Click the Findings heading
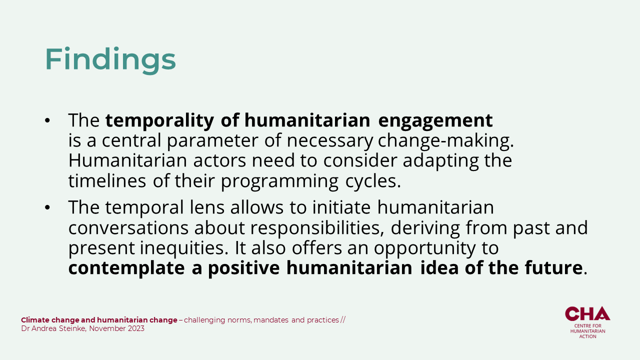(x=110, y=60)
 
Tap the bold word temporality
(x=159, y=120)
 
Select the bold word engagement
(x=435, y=121)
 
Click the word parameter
(x=212, y=141)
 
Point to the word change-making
(x=445, y=141)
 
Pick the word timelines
(x=107, y=181)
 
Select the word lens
(x=207, y=207)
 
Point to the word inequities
(x=184, y=248)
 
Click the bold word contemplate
(x=126, y=268)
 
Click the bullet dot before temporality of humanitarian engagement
(x=47, y=120)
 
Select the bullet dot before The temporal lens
(x=47, y=207)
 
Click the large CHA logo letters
(x=587, y=313)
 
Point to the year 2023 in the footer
(x=136, y=328)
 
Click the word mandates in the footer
(x=271, y=320)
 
